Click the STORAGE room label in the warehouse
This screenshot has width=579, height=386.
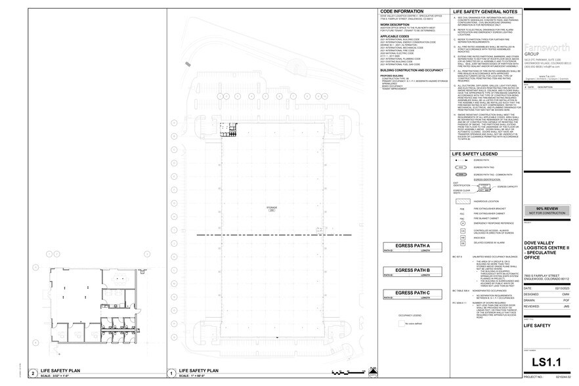point(271,207)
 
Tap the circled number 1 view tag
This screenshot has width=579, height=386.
point(172,372)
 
